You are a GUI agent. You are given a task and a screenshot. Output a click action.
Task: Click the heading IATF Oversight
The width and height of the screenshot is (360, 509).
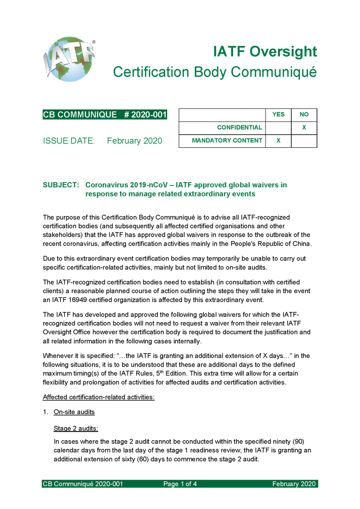pyautogui.click(x=266, y=52)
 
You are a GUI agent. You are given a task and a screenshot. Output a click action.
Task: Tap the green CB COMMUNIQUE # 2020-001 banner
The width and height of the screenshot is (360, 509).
pyautogui.click(x=105, y=115)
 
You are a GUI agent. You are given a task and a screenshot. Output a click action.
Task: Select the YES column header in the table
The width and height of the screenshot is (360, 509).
pyautogui.click(x=278, y=115)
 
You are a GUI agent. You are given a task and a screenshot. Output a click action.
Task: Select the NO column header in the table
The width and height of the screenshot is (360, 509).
pyautogui.click(x=304, y=115)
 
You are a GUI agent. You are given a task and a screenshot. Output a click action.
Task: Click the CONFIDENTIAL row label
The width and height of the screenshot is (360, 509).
pyautogui.click(x=239, y=128)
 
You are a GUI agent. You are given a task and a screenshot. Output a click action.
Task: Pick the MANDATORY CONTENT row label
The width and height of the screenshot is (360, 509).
pyautogui.click(x=227, y=141)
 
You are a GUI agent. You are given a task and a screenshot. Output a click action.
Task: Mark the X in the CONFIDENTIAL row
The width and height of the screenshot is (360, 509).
pyautogui.click(x=304, y=128)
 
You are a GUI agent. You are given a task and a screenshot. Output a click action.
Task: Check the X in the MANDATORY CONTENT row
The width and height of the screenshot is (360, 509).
pyautogui.click(x=278, y=141)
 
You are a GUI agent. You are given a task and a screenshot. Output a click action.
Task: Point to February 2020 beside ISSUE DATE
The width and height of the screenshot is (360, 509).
pyautogui.click(x=134, y=141)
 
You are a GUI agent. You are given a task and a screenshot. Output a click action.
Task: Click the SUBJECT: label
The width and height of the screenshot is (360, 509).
pyautogui.click(x=61, y=185)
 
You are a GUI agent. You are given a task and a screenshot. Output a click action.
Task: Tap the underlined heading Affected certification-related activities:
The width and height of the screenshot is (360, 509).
pyautogui.click(x=98, y=397)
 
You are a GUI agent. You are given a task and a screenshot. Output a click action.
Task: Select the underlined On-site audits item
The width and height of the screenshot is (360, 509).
pyautogui.click(x=74, y=412)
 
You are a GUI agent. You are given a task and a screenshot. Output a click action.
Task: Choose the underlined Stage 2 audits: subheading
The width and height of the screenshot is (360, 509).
pyautogui.click(x=76, y=428)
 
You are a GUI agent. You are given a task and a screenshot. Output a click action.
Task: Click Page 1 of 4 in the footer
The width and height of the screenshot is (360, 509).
pyautogui.click(x=180, y=484)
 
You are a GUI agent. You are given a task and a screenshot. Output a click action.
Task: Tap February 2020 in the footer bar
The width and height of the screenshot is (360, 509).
pyautogui.click(x=294, y=484)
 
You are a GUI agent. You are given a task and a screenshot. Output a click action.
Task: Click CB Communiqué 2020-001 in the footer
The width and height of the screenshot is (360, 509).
pyautogui.click(x=83, y=484)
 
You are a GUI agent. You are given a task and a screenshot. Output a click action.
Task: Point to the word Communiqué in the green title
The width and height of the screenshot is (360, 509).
pyautogui.click(x=273, y=72)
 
